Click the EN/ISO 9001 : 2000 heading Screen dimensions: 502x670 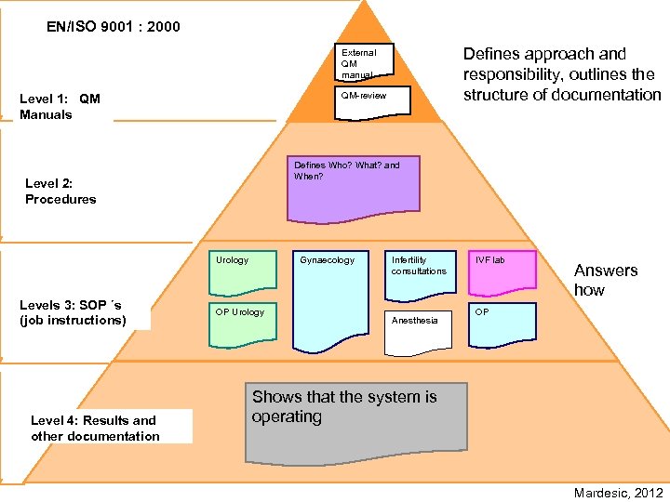[x=114, y=27]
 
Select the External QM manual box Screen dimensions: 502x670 [x=364, y=63]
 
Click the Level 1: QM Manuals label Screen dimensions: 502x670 [x=60, y=107]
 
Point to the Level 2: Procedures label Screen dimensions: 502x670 [x=60, y=192]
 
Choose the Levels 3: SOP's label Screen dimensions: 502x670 [x=73, y=312]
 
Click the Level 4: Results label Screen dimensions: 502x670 [x=95, y=429]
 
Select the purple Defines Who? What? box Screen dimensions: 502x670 [x=354, y=190]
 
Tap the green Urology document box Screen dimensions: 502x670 [x=242, y=270]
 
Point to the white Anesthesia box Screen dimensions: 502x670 [x=418, y=331]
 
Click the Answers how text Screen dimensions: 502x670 [x=605, y=280]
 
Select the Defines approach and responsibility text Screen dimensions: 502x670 [x=562, y=74]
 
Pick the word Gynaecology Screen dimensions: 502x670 [x=327, y=260]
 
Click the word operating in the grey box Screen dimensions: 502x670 [x=287, y=416]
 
